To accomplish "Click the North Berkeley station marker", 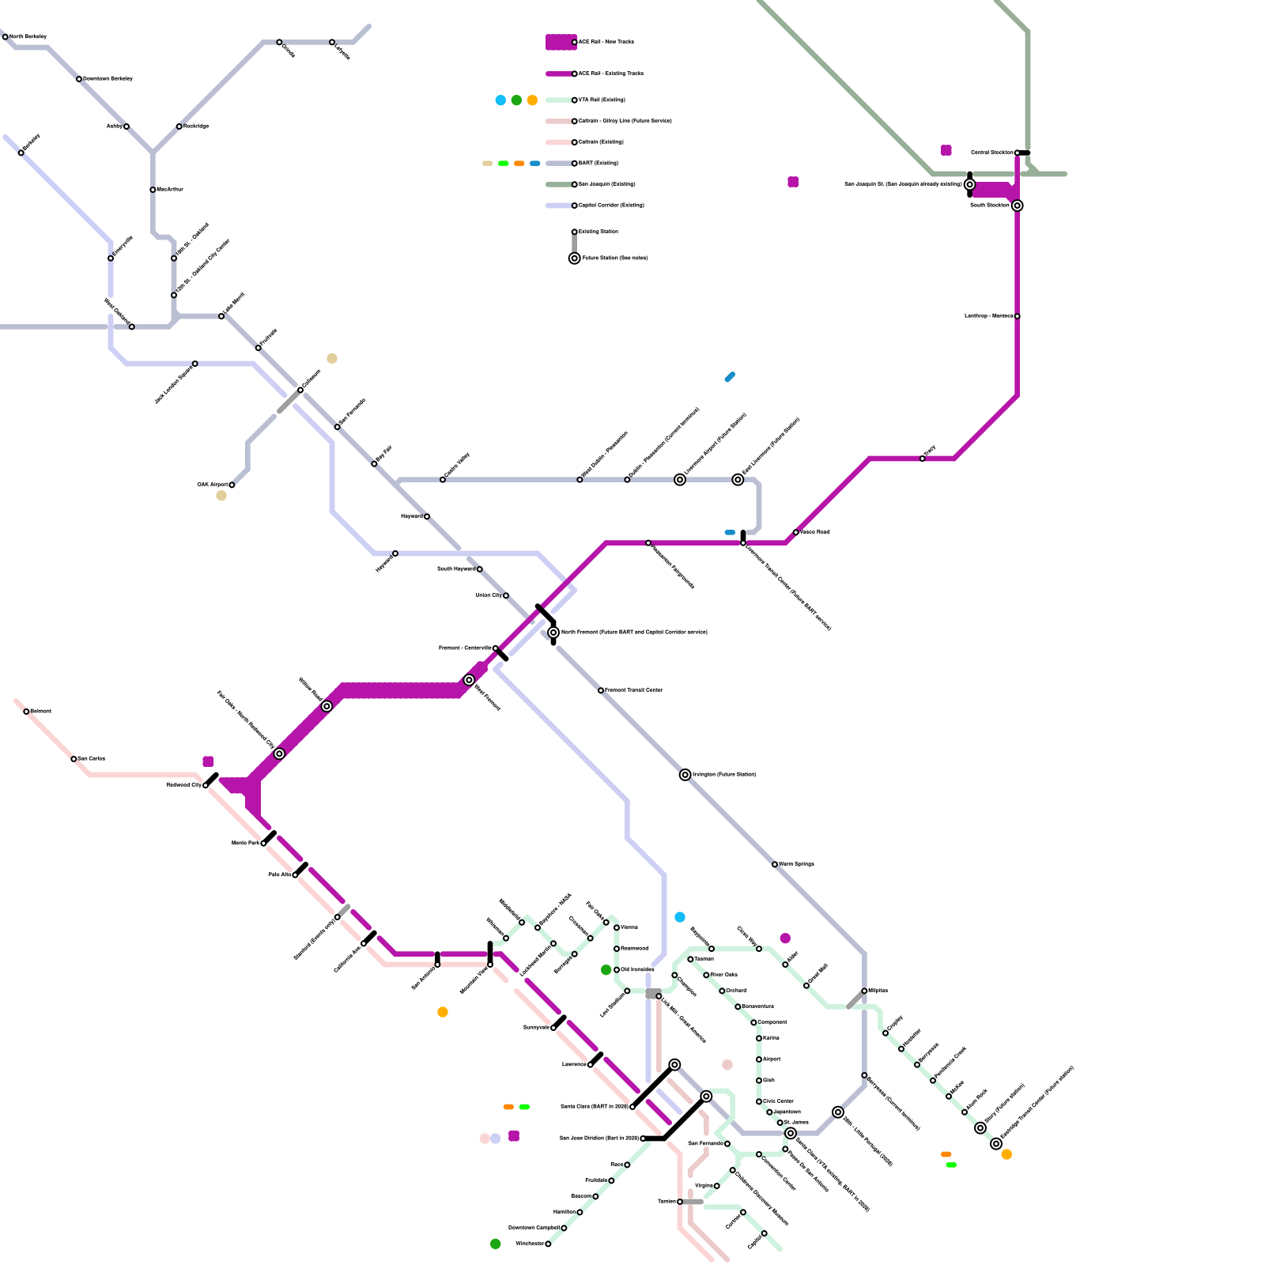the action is coord(6,37).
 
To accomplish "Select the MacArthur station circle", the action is coord(153,190).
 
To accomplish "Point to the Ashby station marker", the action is coord(126,126).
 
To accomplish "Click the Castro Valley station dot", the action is coord(443,480).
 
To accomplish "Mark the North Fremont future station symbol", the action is coord(553,632).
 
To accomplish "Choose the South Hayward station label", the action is coord(456,568).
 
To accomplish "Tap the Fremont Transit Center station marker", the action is coord(601,690).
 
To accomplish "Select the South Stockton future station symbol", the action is coord(1018,206).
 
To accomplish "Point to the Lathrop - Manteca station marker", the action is coord(1018,316).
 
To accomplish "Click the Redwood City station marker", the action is coord(206,785).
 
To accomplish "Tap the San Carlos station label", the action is coord(92,758).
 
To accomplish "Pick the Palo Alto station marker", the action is coord(296,875).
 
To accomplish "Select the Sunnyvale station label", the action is coord(536,1027).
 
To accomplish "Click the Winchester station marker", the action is coord(548,1244).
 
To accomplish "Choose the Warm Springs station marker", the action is coord(775,864).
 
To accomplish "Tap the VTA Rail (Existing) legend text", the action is coord(602,100).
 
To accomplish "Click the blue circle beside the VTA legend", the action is coord(500,100).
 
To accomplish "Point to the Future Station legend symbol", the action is coord(575,259).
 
